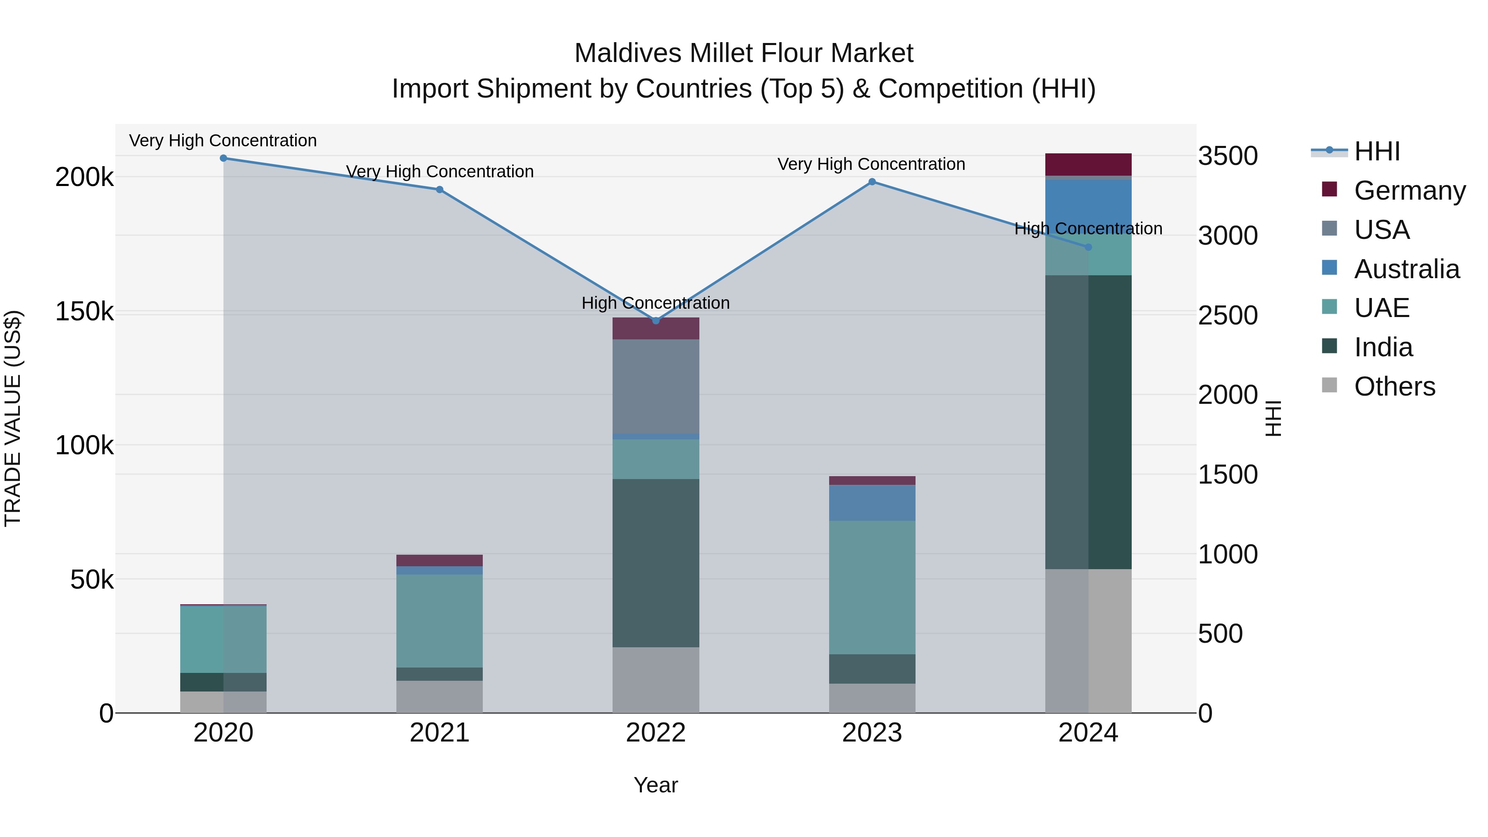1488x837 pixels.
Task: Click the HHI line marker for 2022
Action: (x=656, y=321)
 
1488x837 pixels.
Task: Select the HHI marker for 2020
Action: (x=224, y=158)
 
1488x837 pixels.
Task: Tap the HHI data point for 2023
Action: (x=872, y=182)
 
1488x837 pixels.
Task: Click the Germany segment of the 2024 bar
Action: (x=1088, y=165)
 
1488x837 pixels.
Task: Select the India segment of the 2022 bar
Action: (x=656, y=563)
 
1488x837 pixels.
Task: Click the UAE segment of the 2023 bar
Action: (x=872, y=587)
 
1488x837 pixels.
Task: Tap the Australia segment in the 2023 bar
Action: (x=872, y=503)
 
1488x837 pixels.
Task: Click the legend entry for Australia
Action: (x=1406, y=269)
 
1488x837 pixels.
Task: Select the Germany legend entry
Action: (x=1409, y=191)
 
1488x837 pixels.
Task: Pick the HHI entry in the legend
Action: (x=1376, y=151)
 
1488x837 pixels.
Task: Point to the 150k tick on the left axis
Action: (x=84, y=312)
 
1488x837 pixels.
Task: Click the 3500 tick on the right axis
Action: (x=1228, y=156)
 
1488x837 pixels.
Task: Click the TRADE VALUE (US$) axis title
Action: (x=13, y=418)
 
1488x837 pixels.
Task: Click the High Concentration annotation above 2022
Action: (x=656, y=303)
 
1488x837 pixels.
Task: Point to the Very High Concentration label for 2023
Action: (x=871, y=165)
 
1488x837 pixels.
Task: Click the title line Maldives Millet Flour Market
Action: (x=744, y=54)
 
